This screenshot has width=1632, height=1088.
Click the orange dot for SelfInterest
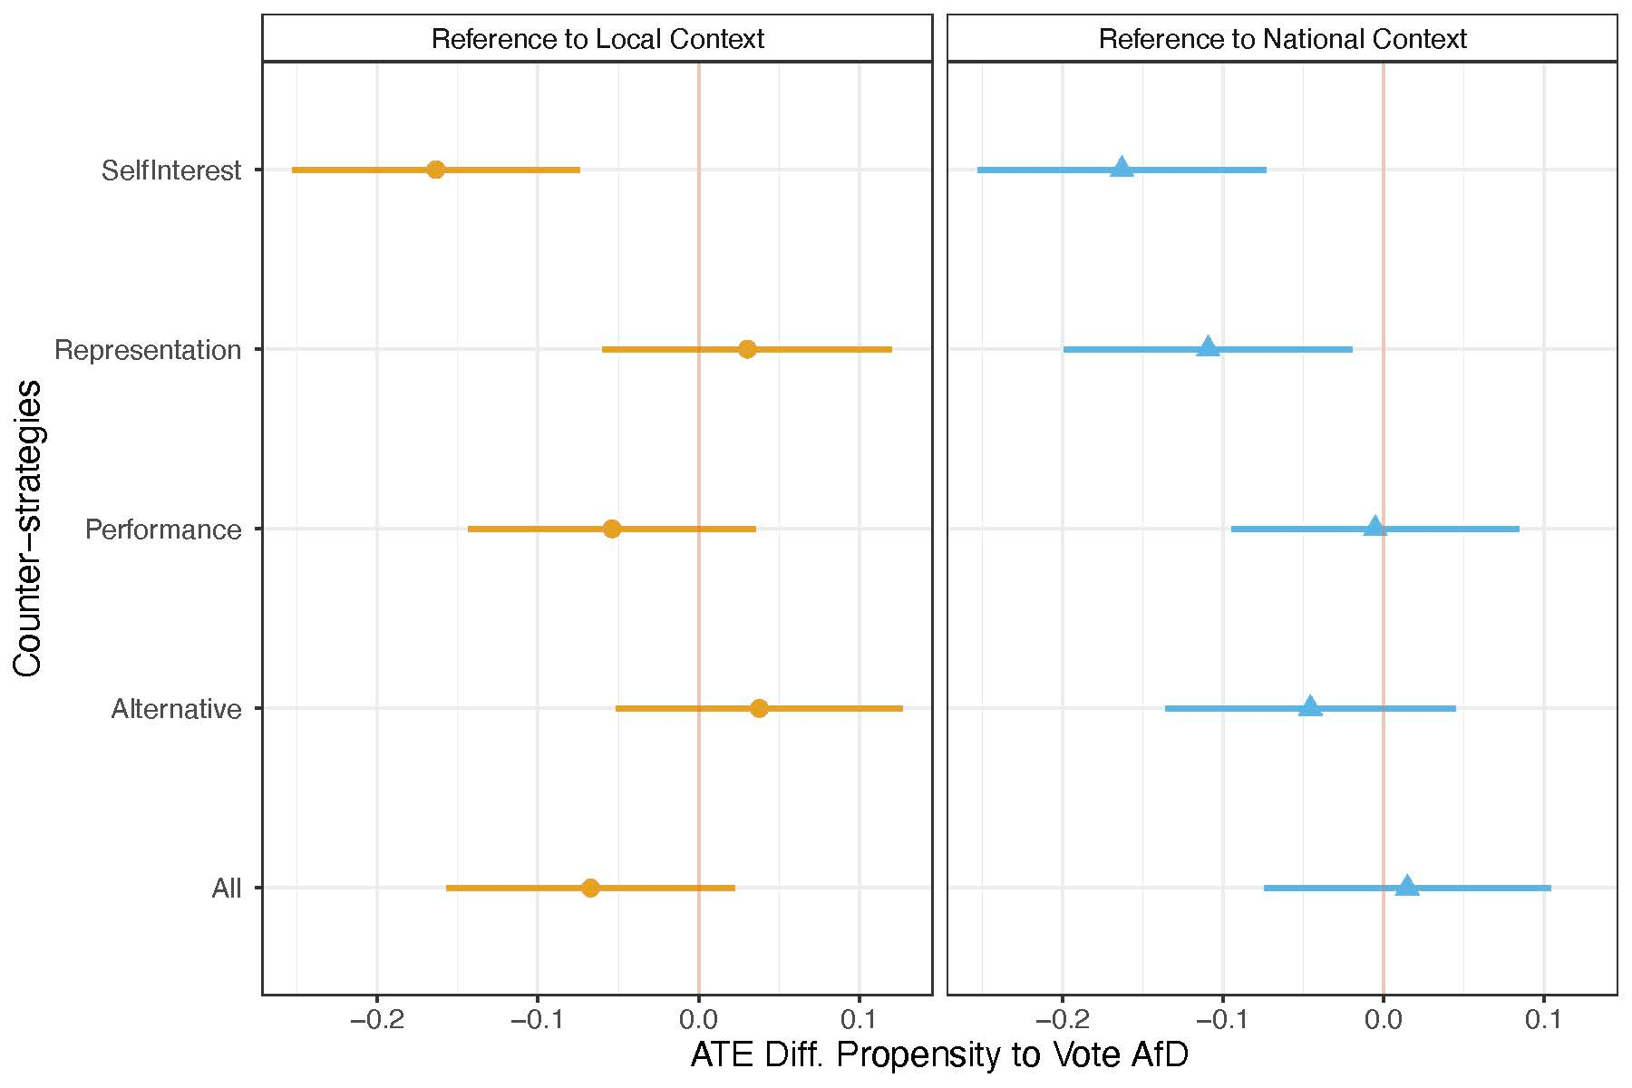pos(436,170)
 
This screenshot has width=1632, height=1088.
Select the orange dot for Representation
pos(747,349)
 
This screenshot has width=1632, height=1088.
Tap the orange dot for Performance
pos(612,529)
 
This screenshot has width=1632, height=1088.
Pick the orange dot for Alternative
pos(760,708)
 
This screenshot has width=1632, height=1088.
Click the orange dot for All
pos(590,888)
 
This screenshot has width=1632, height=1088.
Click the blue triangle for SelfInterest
pos(1122,168)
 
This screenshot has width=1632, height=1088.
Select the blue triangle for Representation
pos(1208,347)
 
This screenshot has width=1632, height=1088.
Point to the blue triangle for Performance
pos(1375,527)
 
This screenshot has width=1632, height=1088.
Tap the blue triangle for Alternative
pos(1310,706)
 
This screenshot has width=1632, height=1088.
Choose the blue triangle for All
pos(1407,886)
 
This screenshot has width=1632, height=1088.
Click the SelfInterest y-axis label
pos(171,170)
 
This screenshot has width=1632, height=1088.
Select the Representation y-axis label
pos(148,350)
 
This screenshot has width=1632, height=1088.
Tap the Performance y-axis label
pos(163,529)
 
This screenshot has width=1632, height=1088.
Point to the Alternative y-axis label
pos(176,709)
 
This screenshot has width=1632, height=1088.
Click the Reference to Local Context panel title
pos(597,39)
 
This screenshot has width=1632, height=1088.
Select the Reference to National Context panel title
pos(1282,39)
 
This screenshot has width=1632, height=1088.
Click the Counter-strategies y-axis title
pos(29,529)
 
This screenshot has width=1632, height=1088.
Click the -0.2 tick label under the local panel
pos(377,1021)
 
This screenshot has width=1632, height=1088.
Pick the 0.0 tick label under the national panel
pos(1383,1021)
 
